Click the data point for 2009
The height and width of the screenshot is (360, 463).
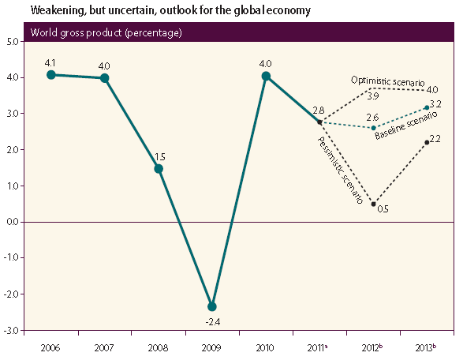click(212, 306)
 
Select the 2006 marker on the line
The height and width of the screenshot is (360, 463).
click(51, 74)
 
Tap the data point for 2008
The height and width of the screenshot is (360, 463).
click(159, 168)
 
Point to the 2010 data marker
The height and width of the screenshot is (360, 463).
click(266, 77)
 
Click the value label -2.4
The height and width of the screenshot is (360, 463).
click(211, 321)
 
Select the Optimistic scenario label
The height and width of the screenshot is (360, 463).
click(388, 81)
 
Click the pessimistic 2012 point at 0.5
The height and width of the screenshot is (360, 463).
click(373, 204)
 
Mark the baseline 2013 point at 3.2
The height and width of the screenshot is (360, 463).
click(427, 107)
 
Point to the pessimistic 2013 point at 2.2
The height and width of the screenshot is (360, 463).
click(427, 142)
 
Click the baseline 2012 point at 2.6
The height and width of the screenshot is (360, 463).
click(373, 128)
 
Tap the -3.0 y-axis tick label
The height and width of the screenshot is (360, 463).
click(12, 330)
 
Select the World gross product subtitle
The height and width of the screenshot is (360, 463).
click(106, 33)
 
